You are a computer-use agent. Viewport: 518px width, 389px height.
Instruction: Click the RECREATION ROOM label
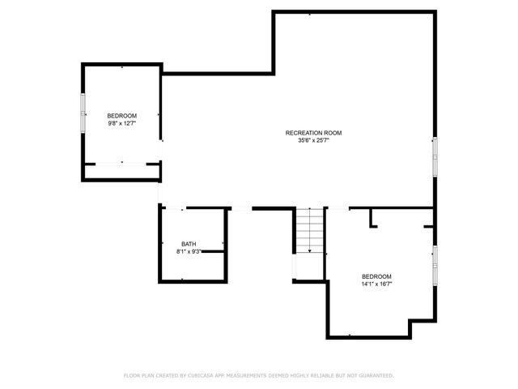(x=314, y=133)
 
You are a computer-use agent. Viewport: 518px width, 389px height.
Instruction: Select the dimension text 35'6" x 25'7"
(x=314, y=140)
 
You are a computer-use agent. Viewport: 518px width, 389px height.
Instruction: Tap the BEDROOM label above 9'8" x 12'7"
(x=122, y=116)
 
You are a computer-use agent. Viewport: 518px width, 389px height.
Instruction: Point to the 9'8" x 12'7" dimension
(x=122, y=124)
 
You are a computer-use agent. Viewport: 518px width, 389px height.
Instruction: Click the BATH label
(x=188, y=244)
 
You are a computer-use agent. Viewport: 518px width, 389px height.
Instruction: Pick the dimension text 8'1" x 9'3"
(x=188, y=252)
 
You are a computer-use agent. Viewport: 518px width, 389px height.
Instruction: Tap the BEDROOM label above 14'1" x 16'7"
(x=376, y=276)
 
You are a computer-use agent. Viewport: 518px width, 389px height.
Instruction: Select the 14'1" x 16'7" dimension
(x=376, y=284)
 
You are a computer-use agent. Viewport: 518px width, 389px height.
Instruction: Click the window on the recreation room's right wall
(x=435, y=156)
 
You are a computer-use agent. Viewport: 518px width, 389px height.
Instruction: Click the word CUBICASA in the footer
(x=199, y=376)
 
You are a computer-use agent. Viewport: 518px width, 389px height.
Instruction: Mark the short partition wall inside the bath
(x=212, y=251)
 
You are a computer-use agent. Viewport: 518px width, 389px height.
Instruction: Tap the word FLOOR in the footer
(x=132, y=376)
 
